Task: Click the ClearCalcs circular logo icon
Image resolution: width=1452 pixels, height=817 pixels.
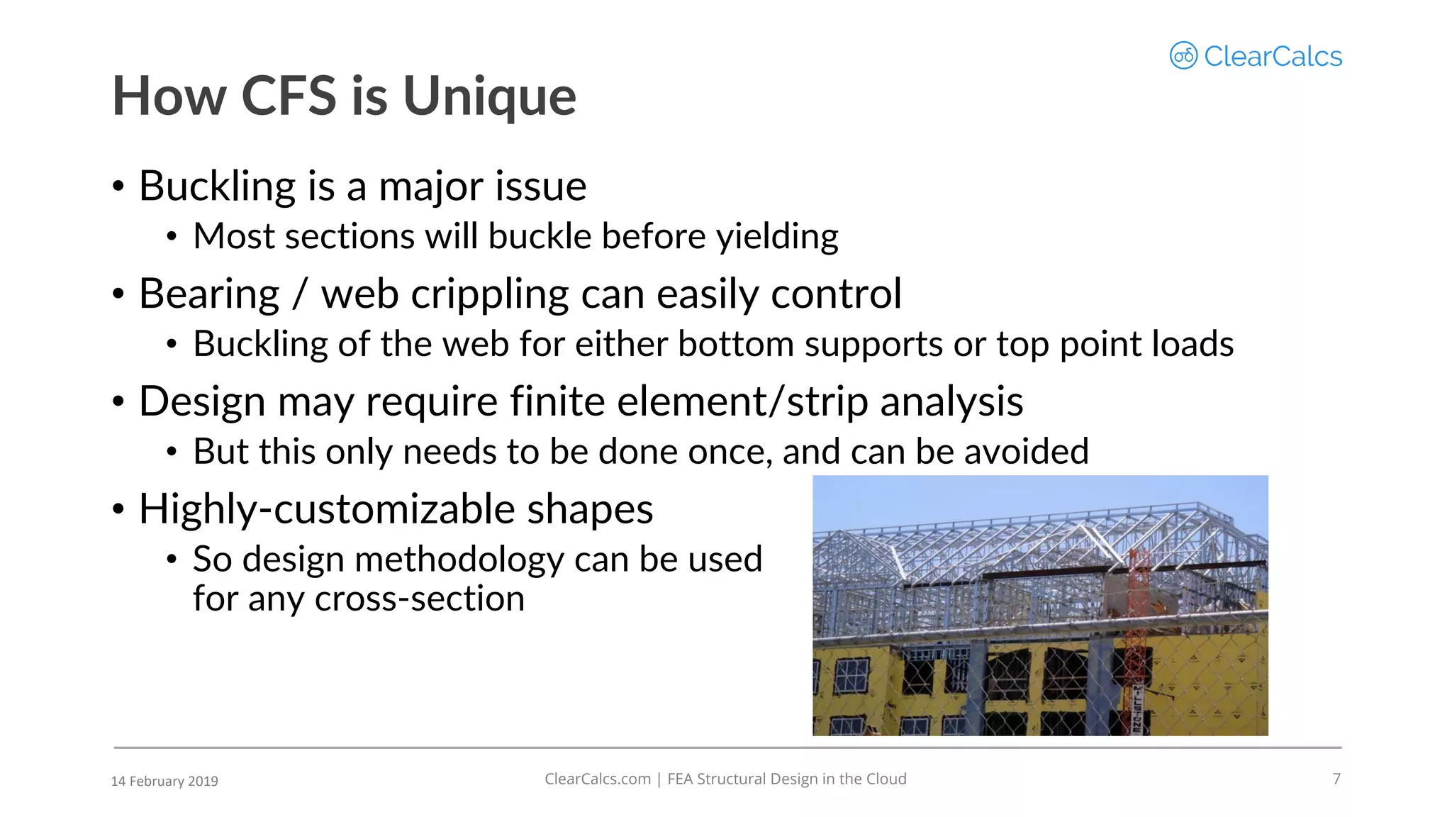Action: [1183, 55]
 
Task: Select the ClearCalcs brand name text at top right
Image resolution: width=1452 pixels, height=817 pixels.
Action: [1273, 57]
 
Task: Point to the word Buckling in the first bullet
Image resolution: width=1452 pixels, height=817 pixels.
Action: [217, 187]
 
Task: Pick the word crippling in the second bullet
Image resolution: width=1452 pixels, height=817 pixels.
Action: [489, 294]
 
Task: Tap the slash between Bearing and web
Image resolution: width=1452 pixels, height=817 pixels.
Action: [301, 294]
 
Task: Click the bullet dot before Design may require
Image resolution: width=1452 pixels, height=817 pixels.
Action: [118, 402]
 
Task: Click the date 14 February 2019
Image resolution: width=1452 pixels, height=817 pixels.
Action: [164, 781]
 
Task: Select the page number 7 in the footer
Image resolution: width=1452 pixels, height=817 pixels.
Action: [1336, 779]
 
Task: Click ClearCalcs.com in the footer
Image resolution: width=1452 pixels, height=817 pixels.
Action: [597, 779]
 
